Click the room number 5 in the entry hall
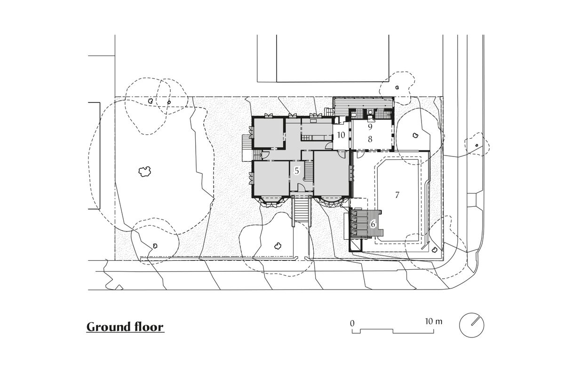[x=297, y=171]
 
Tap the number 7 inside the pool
[x=397, y=195]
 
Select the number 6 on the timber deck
[x=373, y=224]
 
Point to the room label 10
[x=342, y=135]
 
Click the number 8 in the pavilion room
[x=370, y=139]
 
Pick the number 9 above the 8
[x=370, y=127]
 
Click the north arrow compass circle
[x=471, y=325]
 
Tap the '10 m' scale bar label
[x=433, y=322]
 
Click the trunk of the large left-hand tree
[x=143, y=172]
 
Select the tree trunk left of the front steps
[x=278, y=245]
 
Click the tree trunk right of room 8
[x=415, y=135]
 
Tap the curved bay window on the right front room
[x=332, y=201]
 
